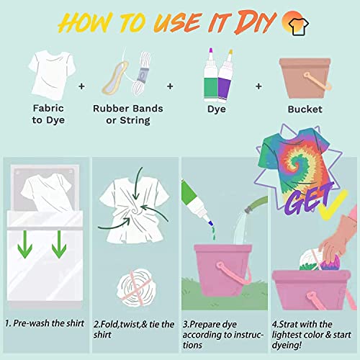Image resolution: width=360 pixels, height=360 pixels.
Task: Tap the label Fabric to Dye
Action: coord(50,114)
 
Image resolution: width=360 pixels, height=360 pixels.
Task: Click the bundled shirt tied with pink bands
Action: coord(133,283)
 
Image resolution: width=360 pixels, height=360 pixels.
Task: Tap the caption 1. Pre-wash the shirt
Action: coord(44,324)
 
